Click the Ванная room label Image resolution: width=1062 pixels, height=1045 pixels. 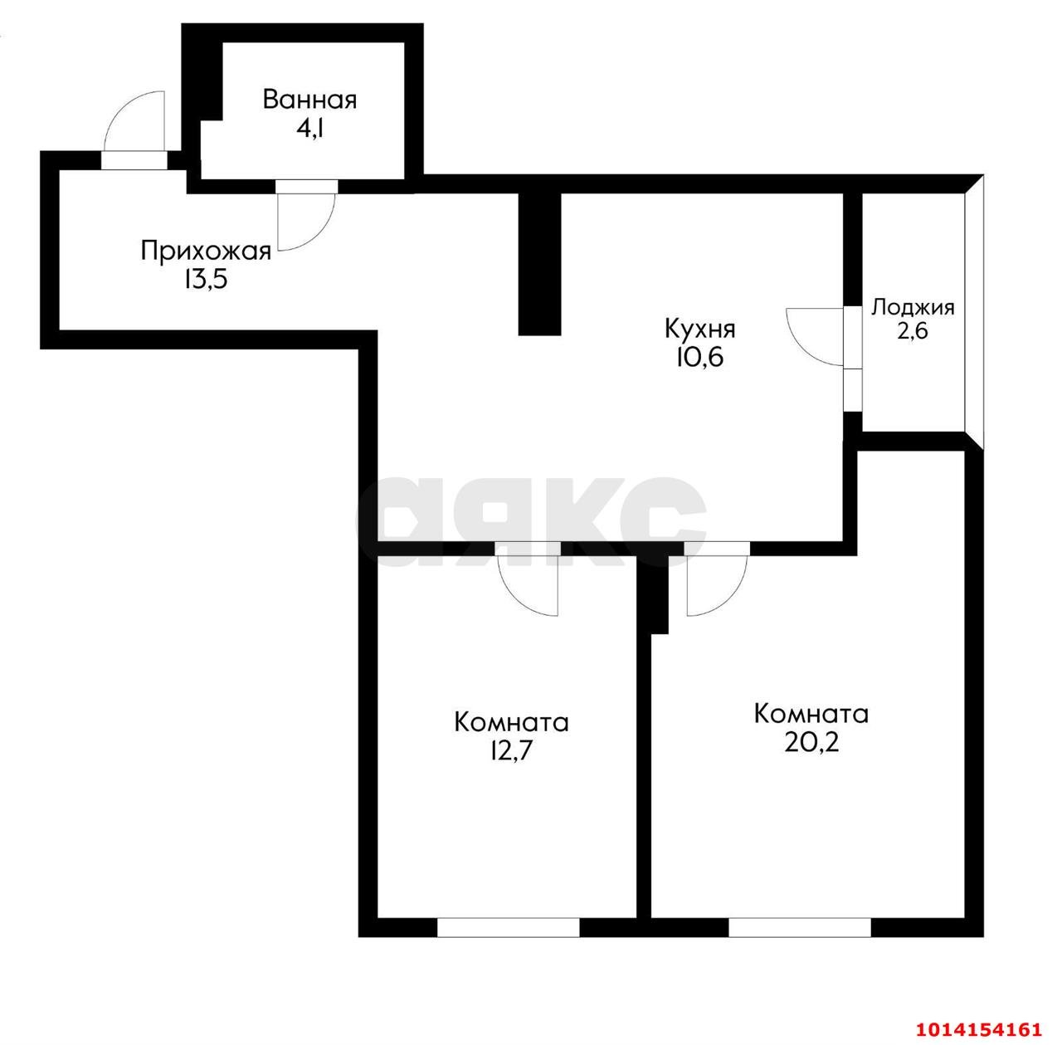309,100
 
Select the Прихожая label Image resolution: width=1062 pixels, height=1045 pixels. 206,251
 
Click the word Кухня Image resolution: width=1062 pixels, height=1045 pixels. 699,330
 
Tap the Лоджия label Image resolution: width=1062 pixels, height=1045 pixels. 913,307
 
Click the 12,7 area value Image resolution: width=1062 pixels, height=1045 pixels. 511,750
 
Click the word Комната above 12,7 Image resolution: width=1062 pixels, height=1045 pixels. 511,722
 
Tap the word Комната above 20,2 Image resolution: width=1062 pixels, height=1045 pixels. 811,714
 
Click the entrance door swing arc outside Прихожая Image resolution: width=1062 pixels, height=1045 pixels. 133,120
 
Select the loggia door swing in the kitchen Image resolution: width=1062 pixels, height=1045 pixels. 813,336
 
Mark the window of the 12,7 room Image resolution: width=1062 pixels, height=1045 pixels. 508,927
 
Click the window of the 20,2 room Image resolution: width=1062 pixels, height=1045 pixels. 799,927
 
